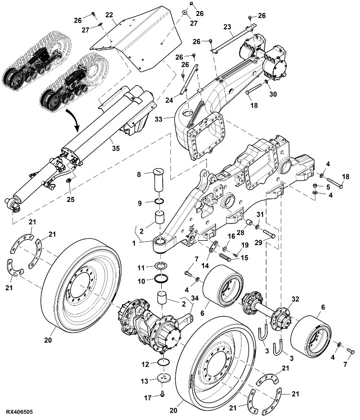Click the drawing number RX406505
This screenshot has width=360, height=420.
pyautogui.click(x=19, y=412)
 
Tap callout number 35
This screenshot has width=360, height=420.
pyautogui.click(x=116, y=148)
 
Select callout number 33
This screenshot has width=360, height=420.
pyautogui.click(x=158, y=119)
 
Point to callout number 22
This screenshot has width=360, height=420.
pyautogui.click(x=109, y=15)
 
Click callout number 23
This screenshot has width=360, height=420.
pyautogui.click(x=227, y=27)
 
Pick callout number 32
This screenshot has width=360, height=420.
pyautogui.click(x=295, y=299)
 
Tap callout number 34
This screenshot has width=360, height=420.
pyautogui.click(x=195, y=298)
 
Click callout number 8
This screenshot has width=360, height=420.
pyautogui.click(x=139, y=174)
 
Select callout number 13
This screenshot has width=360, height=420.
pyautogui.click(x=144, y=381)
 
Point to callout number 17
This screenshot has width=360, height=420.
pyautogui.click(x=148, y=398)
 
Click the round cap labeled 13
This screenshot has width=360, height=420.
pyautogui.click(x=164, y=378)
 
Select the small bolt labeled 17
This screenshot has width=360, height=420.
pyautogui.click(x=163, y=394)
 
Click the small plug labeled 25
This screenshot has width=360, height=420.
pyautogui.click(x=69, y=181)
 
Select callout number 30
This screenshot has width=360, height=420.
pyautogui.click(x=273, y=94)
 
